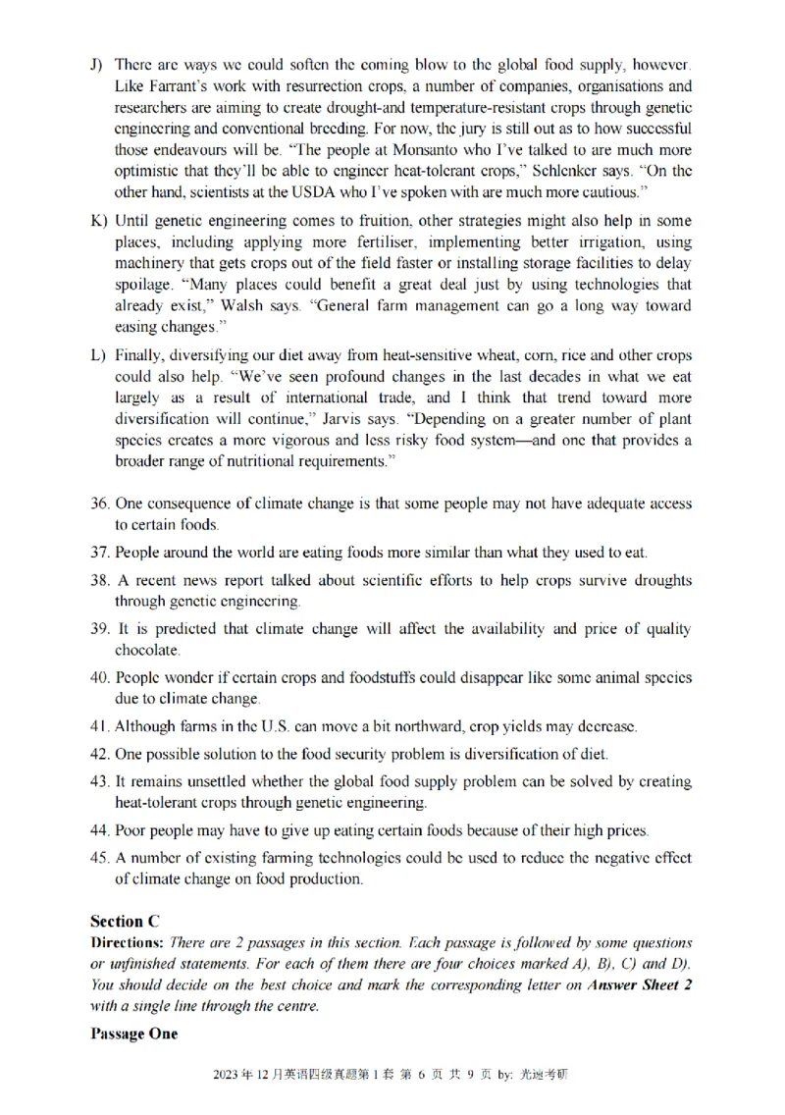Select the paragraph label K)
[x=97, y=221]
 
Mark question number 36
[x=99, y=504]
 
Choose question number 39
[x=99, y=629]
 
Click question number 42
[x=99, y=755]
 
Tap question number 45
[x=99, y=858]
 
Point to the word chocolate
[x=148, y=650]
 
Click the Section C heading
[x=125, y=921]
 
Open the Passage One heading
[x=134, y=1034]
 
